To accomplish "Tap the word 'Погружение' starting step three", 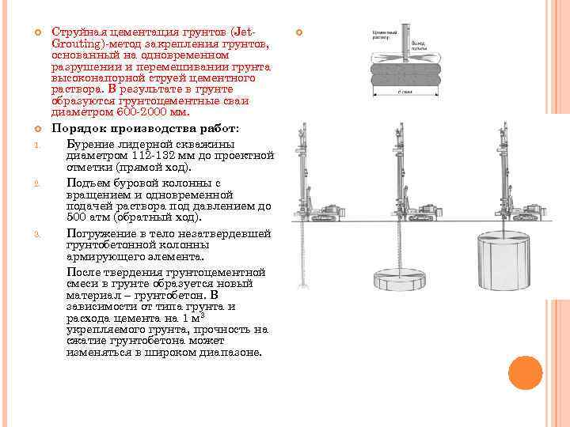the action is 100,234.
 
